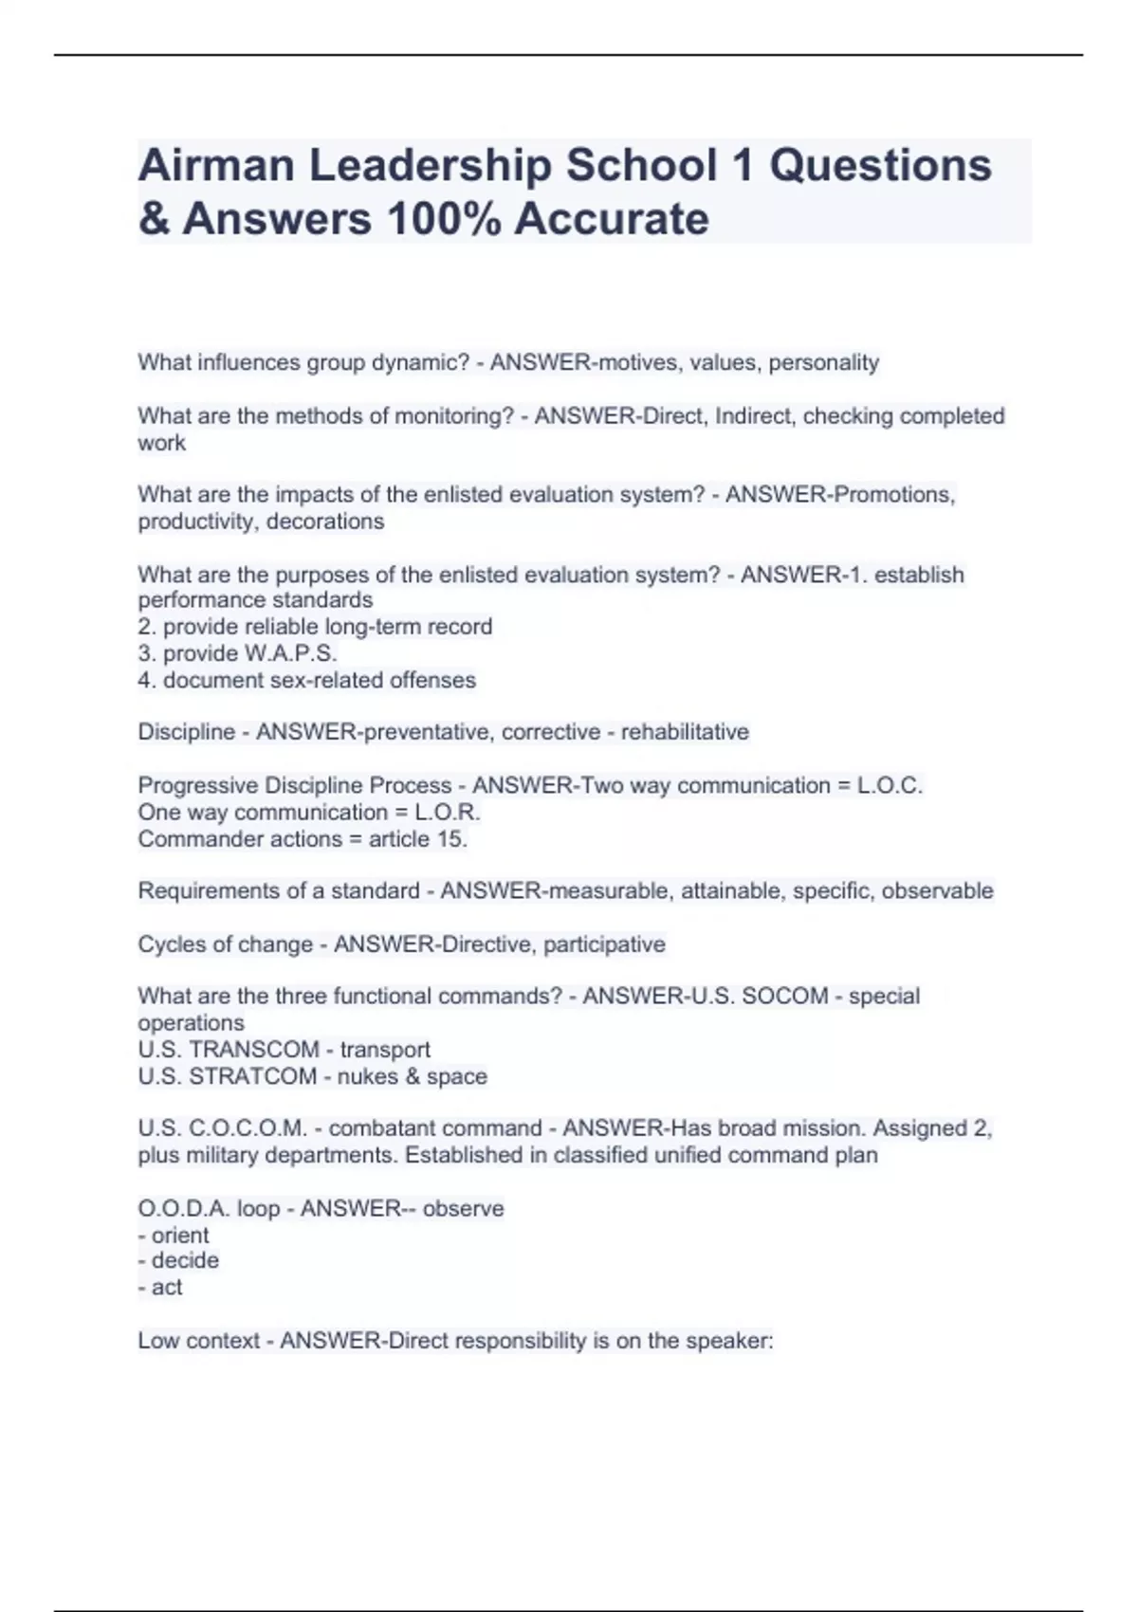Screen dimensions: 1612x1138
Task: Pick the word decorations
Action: tap(325, 522)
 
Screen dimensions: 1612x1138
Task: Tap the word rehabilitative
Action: tap(685, 732)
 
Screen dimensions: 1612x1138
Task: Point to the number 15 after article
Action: tap(451, 839)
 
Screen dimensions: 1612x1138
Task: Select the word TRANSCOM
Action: tap(254, 1050)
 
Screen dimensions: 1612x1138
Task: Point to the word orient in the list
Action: tap(180, 1236)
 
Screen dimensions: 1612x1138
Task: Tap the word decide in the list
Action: tap(185, 1261)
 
